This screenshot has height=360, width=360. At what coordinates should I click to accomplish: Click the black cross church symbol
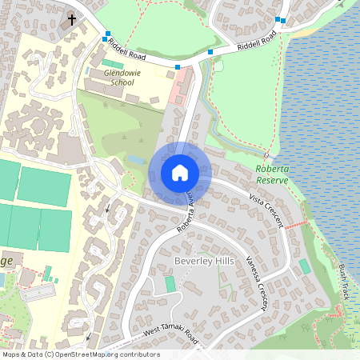pyautogui.click(x=72, y=18)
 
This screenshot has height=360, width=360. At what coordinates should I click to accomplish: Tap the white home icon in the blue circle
pyautogui.click(x=179, y=173)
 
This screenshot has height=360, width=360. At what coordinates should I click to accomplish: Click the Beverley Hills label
pyautogui.click(x=202, y=261)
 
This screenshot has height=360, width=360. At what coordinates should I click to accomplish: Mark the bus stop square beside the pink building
pyautogui.click(x=178, y=67)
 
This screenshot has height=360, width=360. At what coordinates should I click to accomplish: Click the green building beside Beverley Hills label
pyautogui.click(x=170, y=284)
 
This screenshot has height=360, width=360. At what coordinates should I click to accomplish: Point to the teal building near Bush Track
pyautogui.click(x=304, y=266)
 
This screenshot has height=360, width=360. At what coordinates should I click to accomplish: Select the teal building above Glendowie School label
pyautogui.click(x=113, y=63)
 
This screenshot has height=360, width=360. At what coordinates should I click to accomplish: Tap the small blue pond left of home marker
pyautogui.click(x=134, y=160)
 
